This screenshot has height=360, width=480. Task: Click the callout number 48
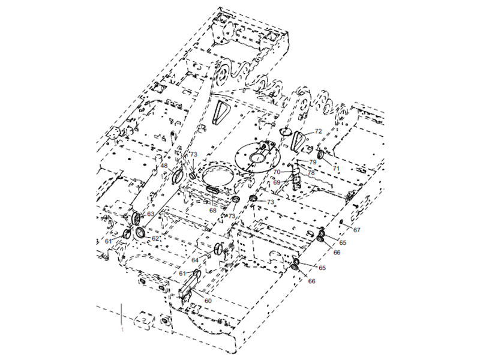click(164, 166)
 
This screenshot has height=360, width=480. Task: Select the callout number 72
click(319, 131)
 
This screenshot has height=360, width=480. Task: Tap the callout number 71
click(336, 169)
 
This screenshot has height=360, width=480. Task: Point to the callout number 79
click(313, 162)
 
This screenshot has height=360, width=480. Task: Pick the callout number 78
click(311, 173)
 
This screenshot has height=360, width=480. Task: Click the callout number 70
click(277, 172)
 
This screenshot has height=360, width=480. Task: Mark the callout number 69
click(277, 182)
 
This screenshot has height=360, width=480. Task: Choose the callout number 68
click(213, 211)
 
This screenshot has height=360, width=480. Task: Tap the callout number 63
click(151, 214)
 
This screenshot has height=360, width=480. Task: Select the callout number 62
click(155, 238)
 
